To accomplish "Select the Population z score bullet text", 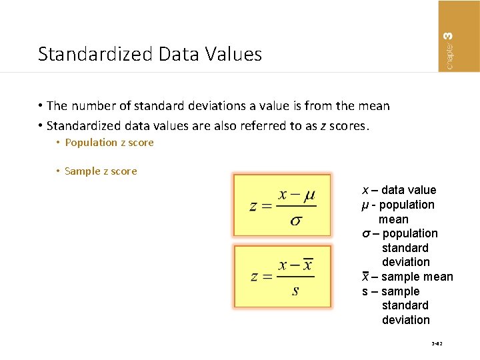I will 109,143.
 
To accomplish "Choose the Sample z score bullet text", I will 101,171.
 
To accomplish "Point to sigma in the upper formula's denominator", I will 295,221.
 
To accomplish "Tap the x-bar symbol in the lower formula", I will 307,265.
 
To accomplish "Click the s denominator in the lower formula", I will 295,291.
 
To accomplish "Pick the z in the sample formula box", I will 255,277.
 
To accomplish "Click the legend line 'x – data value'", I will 399,190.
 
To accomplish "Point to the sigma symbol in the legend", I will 365,234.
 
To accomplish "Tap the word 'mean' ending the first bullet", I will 374,106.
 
